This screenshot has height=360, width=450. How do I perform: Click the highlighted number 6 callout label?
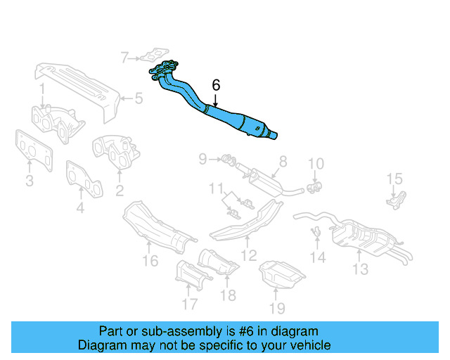pos(216,85)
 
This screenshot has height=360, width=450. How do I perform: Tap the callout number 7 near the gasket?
pos(124,57)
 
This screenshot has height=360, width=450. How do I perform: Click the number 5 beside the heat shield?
pos(139,98)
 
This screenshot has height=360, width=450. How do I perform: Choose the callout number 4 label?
pos(80,207)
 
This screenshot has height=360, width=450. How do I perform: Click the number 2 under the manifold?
pos(120,191)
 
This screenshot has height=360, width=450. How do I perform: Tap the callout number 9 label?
pos(202,160)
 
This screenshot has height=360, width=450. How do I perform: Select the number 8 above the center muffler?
pos(283,161)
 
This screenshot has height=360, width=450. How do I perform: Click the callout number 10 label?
pos(316,164)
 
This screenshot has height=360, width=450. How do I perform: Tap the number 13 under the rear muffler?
pos(360,268)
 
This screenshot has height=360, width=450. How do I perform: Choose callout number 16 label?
pos(150,262)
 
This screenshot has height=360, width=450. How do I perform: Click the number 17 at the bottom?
pos(189,304)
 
